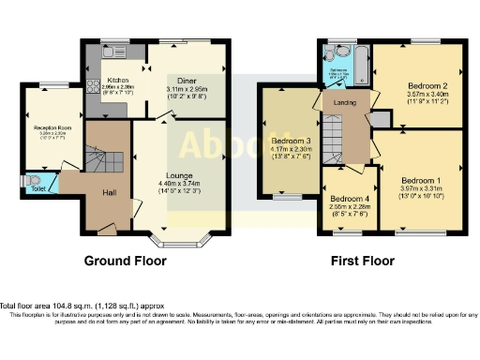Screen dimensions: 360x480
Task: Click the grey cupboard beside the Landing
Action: (x=382, y=119)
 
